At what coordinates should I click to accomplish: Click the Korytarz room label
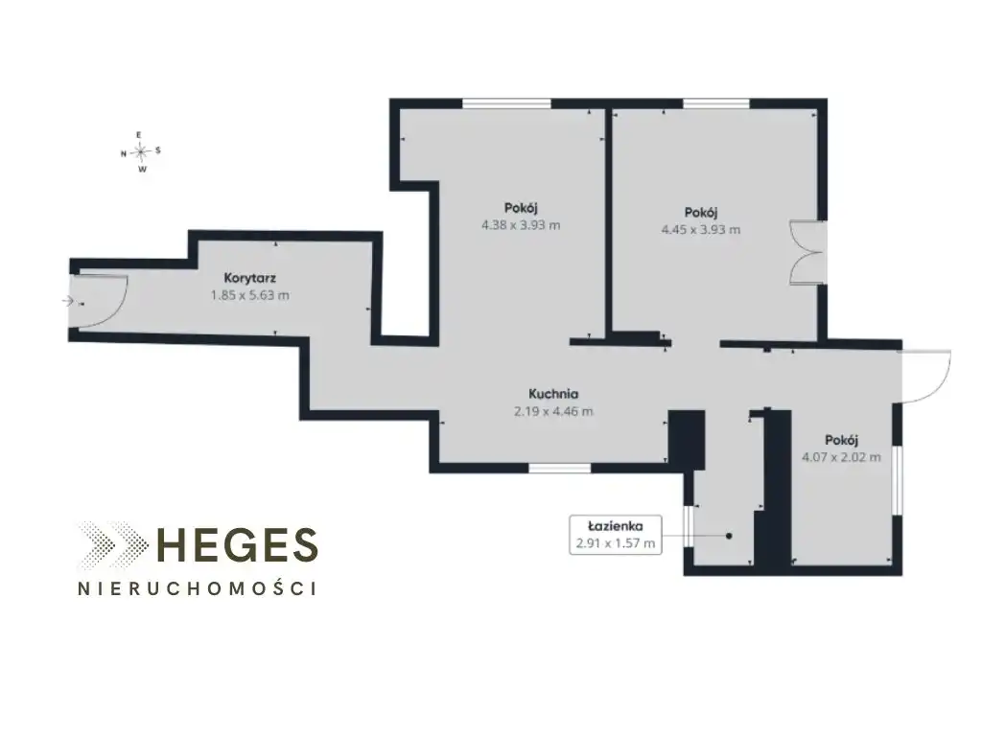tap(250, 279)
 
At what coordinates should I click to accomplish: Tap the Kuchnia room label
tap(553, 394)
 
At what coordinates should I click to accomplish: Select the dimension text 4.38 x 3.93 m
tap(521, 225)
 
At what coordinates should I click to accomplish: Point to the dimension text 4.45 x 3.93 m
tap(700, 230)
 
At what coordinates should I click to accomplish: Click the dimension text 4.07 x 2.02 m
tap(841, 457)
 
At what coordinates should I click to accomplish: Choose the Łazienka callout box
tap(616, 534)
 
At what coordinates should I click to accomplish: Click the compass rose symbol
tap(141, 151)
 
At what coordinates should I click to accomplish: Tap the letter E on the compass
tap(139, 134)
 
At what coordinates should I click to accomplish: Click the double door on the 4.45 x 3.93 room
tap(807, 252)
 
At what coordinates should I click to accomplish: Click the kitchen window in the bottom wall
tap(559, 468)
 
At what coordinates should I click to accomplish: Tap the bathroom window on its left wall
tap(689, 525)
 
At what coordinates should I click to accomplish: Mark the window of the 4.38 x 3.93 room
tap(506, 103)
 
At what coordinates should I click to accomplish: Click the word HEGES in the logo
tap(237, 544)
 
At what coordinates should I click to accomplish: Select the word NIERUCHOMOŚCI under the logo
tap(198, 588)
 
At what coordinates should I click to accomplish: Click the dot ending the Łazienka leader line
tap(729, 536)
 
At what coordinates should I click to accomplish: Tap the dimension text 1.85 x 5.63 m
tap(250, 295)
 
